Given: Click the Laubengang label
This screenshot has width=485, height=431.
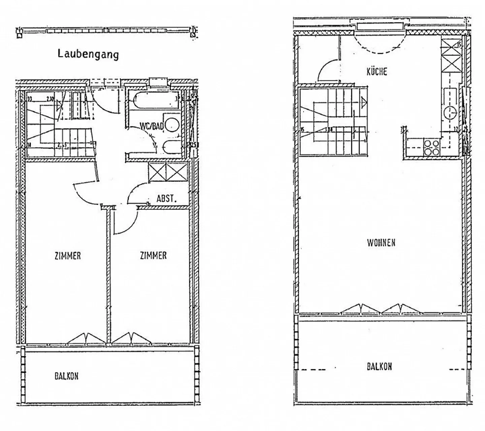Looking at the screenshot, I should coord(88,54).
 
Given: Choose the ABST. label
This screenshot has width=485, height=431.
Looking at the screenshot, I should coord(166,198).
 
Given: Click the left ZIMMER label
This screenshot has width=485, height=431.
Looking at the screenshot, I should coord(68,256).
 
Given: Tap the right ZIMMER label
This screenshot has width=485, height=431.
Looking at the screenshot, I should coord(153,255).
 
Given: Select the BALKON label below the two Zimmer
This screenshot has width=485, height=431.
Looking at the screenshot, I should coord(66,376).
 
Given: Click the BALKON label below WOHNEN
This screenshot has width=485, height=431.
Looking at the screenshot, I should coord(379,366).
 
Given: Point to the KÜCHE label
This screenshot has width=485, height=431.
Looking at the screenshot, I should coord(377,71).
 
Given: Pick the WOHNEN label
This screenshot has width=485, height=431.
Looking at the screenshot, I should coord(381,243).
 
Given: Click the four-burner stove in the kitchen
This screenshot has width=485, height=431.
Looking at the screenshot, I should coord(432,148).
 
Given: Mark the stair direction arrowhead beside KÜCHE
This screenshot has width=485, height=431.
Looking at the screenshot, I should coord(364,101).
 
